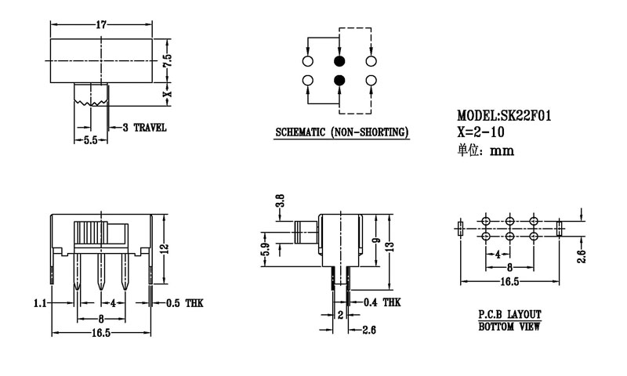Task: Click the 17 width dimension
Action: pyautogui.click(x=101, y=25)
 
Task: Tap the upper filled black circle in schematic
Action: pyautogui.click(x=339, y=61)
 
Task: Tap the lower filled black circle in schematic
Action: pyautogui.click(x=339, y=80)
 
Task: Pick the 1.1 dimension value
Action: pyautogui.click(x=40, y=302)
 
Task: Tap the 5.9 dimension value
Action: pyautogui.click(x=266, y=251)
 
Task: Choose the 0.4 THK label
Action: pyautogui.click(x=382, y=302)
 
